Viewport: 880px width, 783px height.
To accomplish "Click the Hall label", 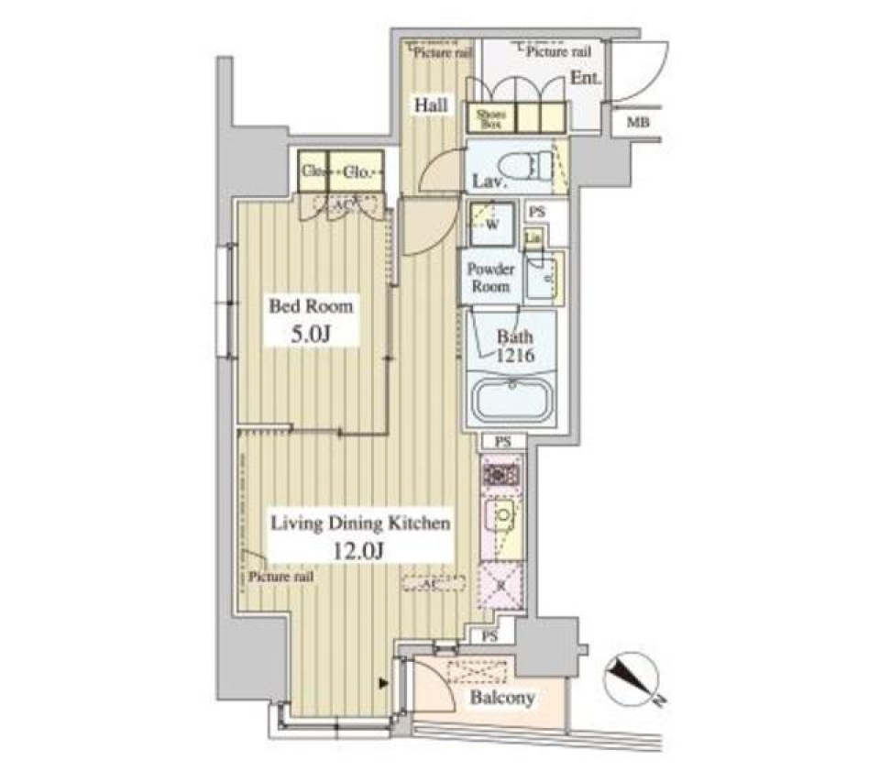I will point(430,105).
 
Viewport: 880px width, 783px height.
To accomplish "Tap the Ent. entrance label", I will point(586,79).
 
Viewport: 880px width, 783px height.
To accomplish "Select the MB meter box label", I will point(633,123).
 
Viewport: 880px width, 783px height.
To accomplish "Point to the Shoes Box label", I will point(487,116).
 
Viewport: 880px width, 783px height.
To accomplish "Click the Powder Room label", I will point(491,277).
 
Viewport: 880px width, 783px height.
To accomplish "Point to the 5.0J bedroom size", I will point(310,335).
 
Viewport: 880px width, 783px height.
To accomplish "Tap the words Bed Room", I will point(310,307).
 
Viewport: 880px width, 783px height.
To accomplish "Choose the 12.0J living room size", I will point(358,553).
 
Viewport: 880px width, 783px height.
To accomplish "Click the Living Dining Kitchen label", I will point(358,524).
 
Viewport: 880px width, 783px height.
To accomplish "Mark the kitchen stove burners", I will point(500,475).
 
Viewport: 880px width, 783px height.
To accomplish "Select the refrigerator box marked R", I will point(500,584).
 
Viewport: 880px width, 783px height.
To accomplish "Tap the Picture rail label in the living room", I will point(281,577).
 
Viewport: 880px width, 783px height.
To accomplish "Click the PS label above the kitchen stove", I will point(501,442).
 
